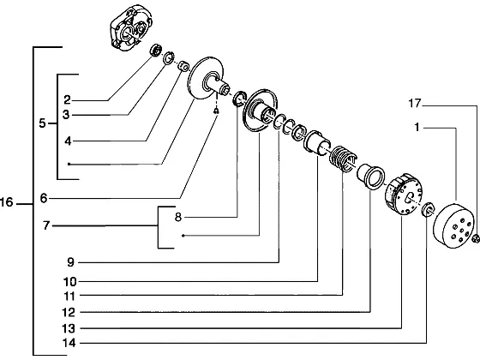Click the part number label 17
click(415, 104)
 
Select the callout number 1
click(417, 127)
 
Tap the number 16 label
click(7, 202)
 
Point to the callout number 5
click(42, 123)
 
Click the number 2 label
click(67, 99)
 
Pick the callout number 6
click(44, 198)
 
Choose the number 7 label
click(46, 225)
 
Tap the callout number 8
click(178, 217)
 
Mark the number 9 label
click(70, 262)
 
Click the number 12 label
click(69, 312)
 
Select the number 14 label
click(69, 343)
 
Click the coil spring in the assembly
click(343, 159)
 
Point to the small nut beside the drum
click(476, 238)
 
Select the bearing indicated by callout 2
click(156, 50)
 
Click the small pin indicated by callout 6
click(216, 111)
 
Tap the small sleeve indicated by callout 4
click(184, 66)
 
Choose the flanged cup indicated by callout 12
click(371, 177)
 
